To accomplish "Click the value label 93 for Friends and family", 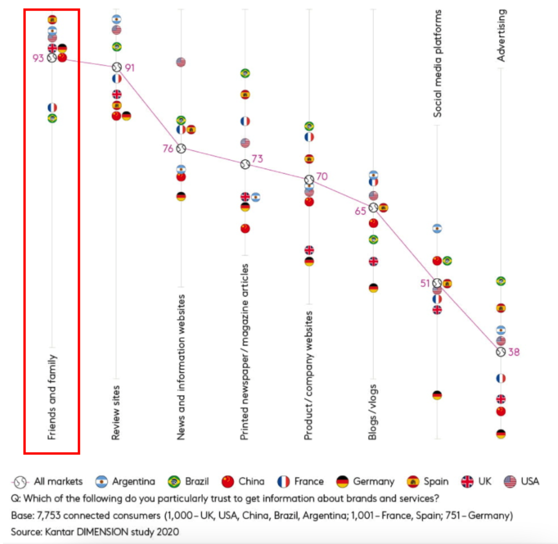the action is click(38, 58).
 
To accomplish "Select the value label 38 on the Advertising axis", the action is click(514, 352).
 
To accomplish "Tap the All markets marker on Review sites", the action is click(117, 67).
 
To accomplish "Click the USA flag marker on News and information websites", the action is click(181, 62).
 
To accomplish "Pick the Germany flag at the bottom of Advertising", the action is click(501, 434).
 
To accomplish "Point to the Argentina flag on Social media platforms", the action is click(437, 228).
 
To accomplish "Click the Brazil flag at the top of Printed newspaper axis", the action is click(245, 73).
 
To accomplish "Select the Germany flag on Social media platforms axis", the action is click(437, 395).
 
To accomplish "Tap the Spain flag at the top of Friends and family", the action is click(52, 19).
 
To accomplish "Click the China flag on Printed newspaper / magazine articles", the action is click(245, 228).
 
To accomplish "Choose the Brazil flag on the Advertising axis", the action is click(501, 281).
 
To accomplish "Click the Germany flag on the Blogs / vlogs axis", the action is click(373, 288).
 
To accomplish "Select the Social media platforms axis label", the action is click(437, 64).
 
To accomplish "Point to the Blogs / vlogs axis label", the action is click(373, 412).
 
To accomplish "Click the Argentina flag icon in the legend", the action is click(102, 482).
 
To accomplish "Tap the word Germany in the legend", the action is click(374, 481).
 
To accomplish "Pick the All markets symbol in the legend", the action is click(20, 482).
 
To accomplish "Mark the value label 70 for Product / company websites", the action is click(322, 177).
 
